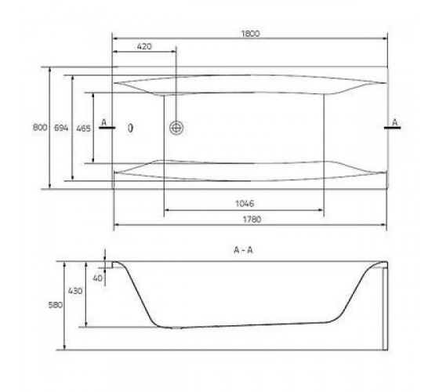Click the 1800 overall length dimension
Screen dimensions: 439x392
[251, 34]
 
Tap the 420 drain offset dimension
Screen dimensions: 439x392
[144, 46]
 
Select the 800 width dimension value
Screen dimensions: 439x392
[40, 127]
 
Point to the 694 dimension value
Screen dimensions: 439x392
[61, 128]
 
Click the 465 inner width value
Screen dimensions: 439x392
[83, 129]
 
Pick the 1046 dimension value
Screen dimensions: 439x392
[245, 203]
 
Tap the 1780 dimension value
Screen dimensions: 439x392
[252, 219]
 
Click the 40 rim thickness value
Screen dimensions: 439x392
[97, 278]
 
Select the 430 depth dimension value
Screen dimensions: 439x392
[75, 291]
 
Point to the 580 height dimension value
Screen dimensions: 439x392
[56, 305]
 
